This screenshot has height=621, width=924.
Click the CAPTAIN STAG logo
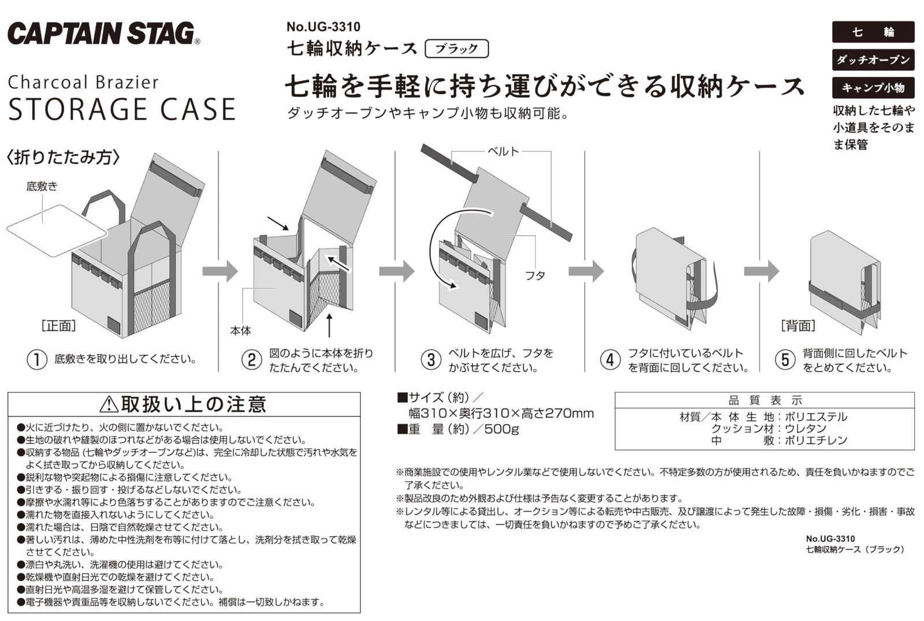pos(103,34)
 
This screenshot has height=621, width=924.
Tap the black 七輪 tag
pos(873,32)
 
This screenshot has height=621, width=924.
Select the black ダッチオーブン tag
pos(873,60)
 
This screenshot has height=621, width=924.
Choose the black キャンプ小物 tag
pos(873,87)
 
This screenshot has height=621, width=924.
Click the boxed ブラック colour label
pos(457,49)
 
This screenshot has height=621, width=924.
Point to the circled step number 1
pos(37,359)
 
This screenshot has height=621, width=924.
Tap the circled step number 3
pos(431,359)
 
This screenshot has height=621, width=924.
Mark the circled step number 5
pos(785,359)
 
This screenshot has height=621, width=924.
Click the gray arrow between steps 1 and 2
pos(220,271)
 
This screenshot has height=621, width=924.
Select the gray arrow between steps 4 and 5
pos(762,271)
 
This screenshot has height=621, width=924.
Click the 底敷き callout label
pos(42,187)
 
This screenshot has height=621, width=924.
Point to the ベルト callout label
pos(503,151)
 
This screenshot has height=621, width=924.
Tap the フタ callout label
pos(535,275)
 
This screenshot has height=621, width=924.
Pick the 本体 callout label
pos(240,330)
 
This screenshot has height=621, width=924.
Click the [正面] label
pos(58,326)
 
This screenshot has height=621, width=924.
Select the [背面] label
pos(798,326)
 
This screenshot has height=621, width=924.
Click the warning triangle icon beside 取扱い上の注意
pos(109,404)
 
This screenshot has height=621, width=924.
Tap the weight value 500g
pos(502,429)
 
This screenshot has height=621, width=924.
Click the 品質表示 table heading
pos(765,400)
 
